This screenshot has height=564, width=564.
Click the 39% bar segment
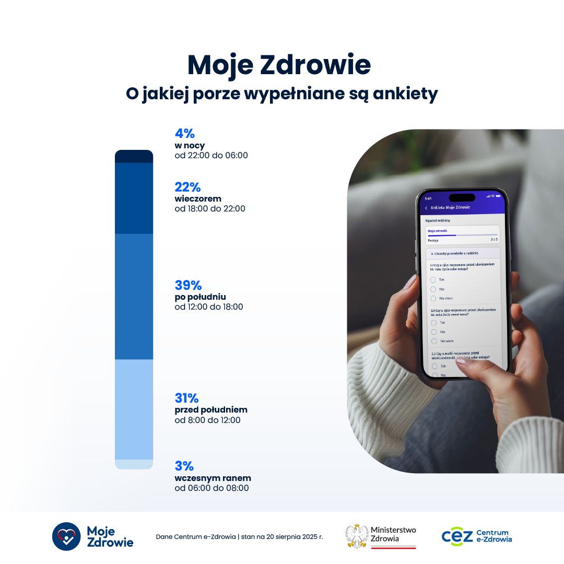pyautogui.click(x=134, y=297)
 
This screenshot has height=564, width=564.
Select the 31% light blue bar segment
pyautogui.click(x=134, y=409)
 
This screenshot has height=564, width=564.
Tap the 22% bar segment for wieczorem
pyautogui.click(x=134, y=198)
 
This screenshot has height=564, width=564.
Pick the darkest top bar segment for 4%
pyautogui.click(x=134, y=157)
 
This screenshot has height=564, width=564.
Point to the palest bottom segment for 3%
pyautogui.click(x=134, y=464)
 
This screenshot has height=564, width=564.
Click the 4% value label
pyautogui.click(x=184, y=134)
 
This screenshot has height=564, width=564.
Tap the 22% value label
pyautogui.click(x=187, y=187)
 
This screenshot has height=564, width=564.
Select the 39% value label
pyautogui.click(x=188, y=285)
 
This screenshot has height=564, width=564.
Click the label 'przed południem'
pyautogui.click(x=211, y=409)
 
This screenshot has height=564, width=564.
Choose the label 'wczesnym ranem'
pyautogui.click(x=213, y=478)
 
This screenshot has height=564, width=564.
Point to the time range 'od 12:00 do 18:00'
pyautogui.click(x=208, y=307)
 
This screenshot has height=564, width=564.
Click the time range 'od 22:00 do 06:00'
pyautogui.click(x=211, y=156)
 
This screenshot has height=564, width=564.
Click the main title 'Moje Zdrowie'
pyautogui.click(x=279, y=65)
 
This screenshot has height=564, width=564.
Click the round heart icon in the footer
pyautogui.click(x=66, y=536)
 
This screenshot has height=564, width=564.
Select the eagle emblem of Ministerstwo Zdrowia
pyautogui.click(x=357, y=536)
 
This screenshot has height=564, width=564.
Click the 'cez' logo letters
pyautogui.click(x=457, y=536)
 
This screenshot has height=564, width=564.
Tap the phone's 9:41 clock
pyautogui.click(x=428, y=198)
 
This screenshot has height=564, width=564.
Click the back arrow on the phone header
pyautogui.click(x=426, y=208)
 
